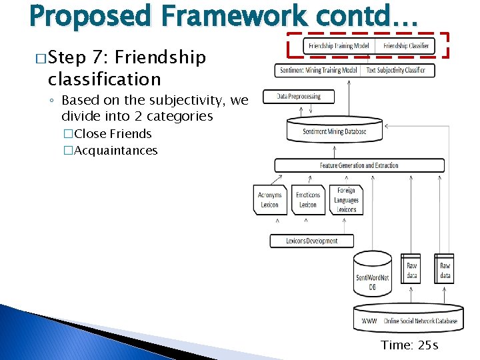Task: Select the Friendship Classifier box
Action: click(x=406, y=46)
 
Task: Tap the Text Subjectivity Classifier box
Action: click(x=397, y=70)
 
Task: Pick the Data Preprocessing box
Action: click(x=299, y=97)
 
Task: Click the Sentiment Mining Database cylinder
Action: click(x=335, y=130)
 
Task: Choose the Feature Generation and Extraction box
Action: click(x=359, y=165)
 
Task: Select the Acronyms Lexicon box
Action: click(x=269, y=200)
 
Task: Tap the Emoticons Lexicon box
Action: click(x=308, y=200)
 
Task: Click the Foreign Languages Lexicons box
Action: click(x=346, y=200)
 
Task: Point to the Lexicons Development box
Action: click(x=312, y=241)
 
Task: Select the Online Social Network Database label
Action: click(x=419, y=321)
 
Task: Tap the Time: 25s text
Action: click(x=409, y=345)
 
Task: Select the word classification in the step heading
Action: click(x=104, y=79)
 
